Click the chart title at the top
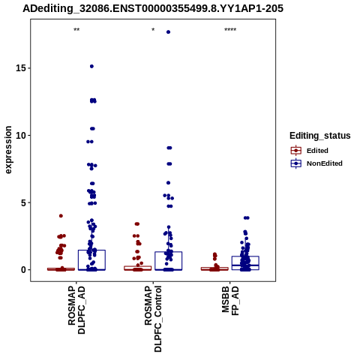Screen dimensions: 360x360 153,8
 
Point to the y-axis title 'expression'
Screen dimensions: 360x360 8,150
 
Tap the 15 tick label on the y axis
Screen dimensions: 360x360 21,68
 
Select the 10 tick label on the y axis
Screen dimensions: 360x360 21,135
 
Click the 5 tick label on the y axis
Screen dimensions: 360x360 23,202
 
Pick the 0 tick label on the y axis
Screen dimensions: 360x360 23,270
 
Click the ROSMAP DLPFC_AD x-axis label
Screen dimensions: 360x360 76,310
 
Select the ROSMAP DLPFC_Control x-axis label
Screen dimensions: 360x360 153,319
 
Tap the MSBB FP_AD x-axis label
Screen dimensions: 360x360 230,301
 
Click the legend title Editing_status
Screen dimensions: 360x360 320,136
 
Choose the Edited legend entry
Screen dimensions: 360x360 309,151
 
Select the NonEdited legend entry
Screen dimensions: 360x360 316,163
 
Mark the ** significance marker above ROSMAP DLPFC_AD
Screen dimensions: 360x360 76,30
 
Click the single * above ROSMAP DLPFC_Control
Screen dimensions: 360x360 153,29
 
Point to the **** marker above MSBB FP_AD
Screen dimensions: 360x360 230,30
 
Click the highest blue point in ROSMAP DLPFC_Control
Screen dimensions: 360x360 168,32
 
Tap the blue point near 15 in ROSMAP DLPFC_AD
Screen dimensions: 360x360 91,66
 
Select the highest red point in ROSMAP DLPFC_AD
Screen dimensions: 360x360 61,216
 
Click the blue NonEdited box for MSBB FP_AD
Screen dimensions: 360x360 245,263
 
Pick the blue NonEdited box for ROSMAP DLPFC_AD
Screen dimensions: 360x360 91,260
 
